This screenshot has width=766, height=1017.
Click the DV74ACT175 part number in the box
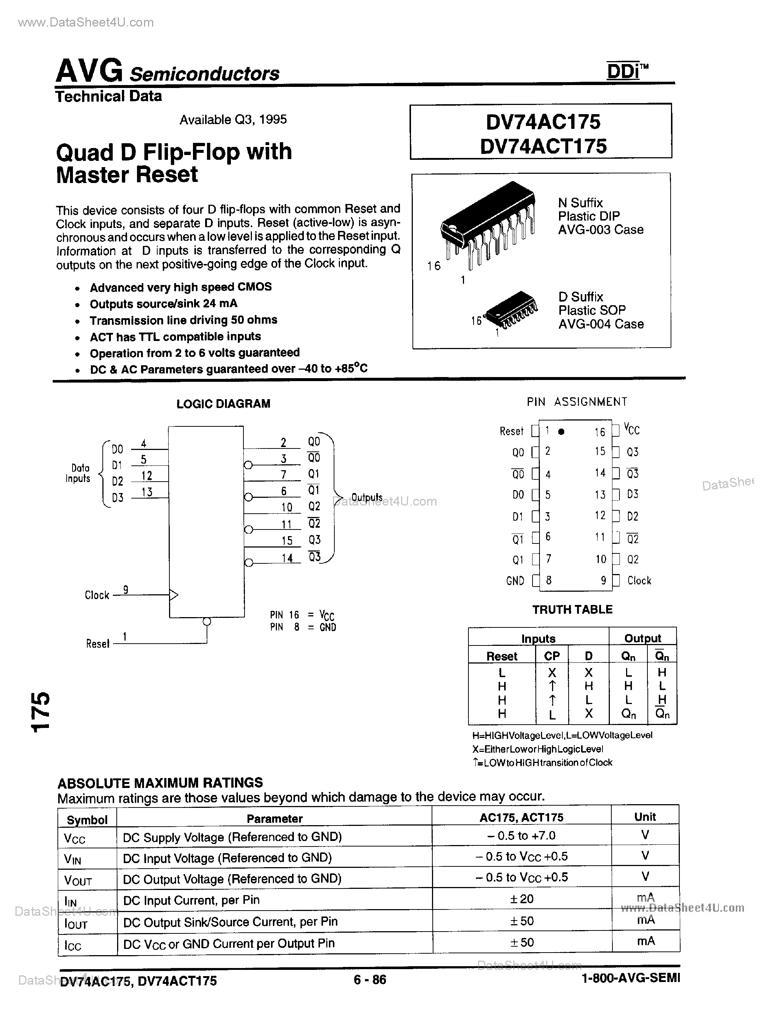point(543,146)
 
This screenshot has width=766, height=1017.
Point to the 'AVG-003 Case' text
point(601,229)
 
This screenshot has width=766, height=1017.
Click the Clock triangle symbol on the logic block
point(174,595)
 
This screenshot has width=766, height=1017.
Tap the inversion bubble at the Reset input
point(207,622)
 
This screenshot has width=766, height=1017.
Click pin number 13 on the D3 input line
point(147,492)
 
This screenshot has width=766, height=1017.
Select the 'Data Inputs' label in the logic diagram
point(78,473)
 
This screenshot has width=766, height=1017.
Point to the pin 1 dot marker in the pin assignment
point(561,432)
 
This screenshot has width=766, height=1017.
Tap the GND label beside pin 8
point(515,581)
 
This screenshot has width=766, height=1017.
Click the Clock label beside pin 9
point(639,581)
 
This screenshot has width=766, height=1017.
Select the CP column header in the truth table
point(552,656)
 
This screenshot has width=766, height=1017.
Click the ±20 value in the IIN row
point(522,899)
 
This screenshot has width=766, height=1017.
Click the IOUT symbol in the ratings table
point(76,923)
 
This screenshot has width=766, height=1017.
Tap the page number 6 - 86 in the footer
point(370,980)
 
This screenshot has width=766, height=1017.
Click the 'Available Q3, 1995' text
point(233,120)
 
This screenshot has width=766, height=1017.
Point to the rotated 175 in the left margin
point(41,711)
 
